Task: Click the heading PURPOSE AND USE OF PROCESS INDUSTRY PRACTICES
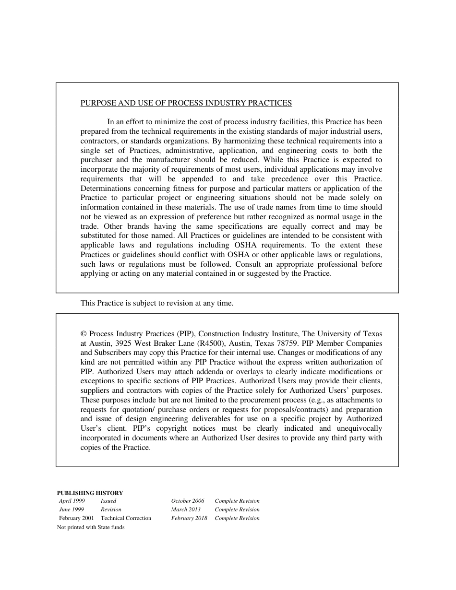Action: click(186, 103)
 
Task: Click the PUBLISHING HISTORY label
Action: click(90, 493)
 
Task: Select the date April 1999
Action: click(72, 501)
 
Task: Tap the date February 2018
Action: click(189, 519)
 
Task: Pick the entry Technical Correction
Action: click(126, 519)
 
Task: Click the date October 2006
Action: click(188, 501)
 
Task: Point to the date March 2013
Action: click(186, 510)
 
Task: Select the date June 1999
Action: click(72, 510)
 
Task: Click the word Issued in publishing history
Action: click(108, 501)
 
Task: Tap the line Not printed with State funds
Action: click(91, 528)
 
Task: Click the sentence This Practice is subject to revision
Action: click(157, 303)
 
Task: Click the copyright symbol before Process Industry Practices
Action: click(84, 334)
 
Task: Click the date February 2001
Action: click(77, 519)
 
